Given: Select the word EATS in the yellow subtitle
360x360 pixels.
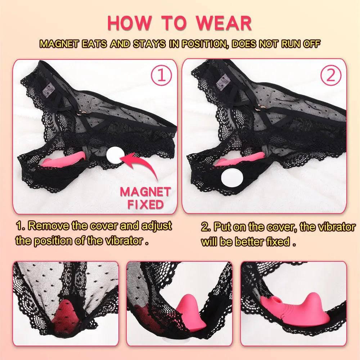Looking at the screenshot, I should coord(92,44).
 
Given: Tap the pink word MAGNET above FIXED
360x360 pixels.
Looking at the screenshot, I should coord(145,192).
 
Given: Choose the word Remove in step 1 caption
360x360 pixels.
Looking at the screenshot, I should coord(48,226).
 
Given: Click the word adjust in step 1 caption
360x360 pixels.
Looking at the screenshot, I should coord(157,226).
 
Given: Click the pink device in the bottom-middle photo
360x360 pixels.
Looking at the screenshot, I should coord(182,308).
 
